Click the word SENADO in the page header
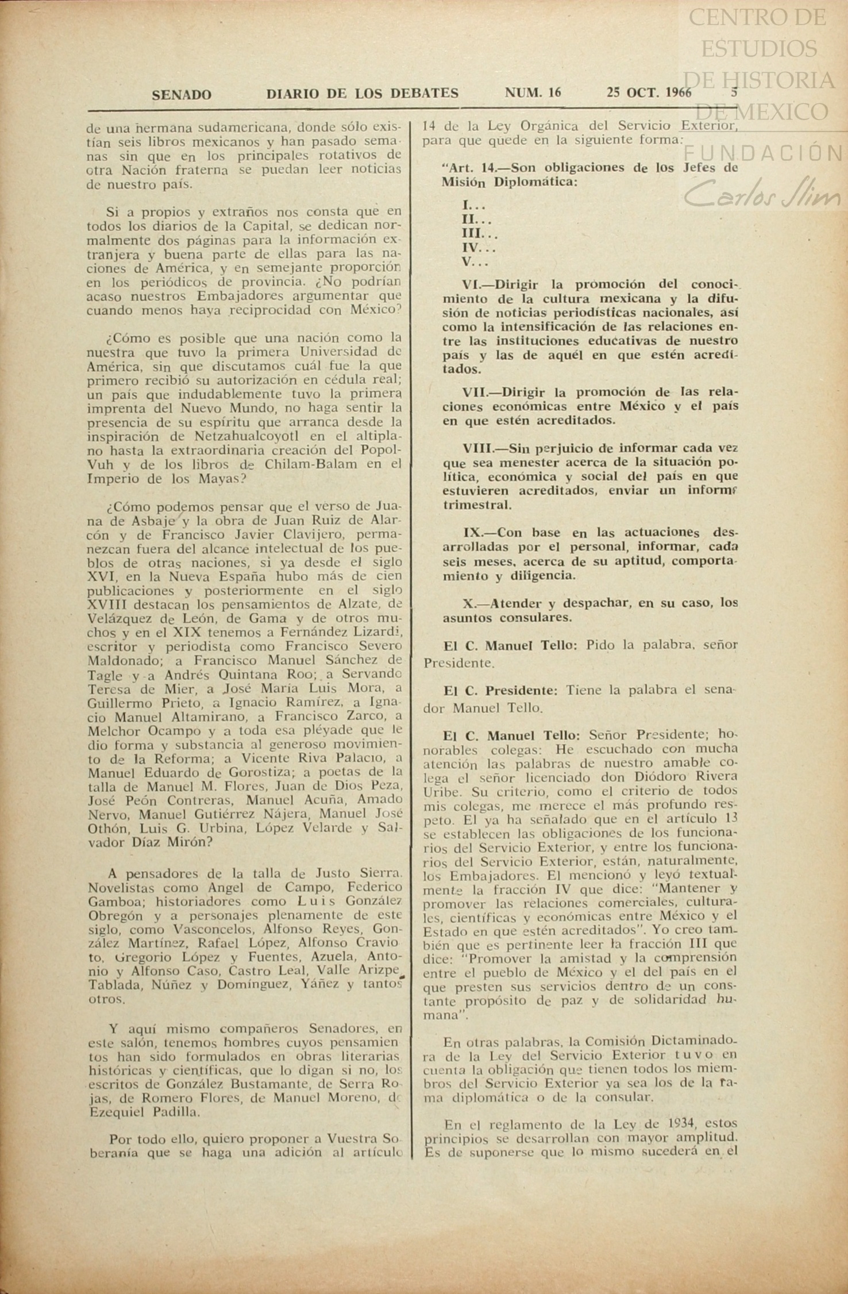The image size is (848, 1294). (x=182, y=95)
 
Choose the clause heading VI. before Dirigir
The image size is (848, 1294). (x=475, y=284)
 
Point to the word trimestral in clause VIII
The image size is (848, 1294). (x=476, y=505)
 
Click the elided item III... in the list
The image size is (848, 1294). (x=480, y=234)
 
